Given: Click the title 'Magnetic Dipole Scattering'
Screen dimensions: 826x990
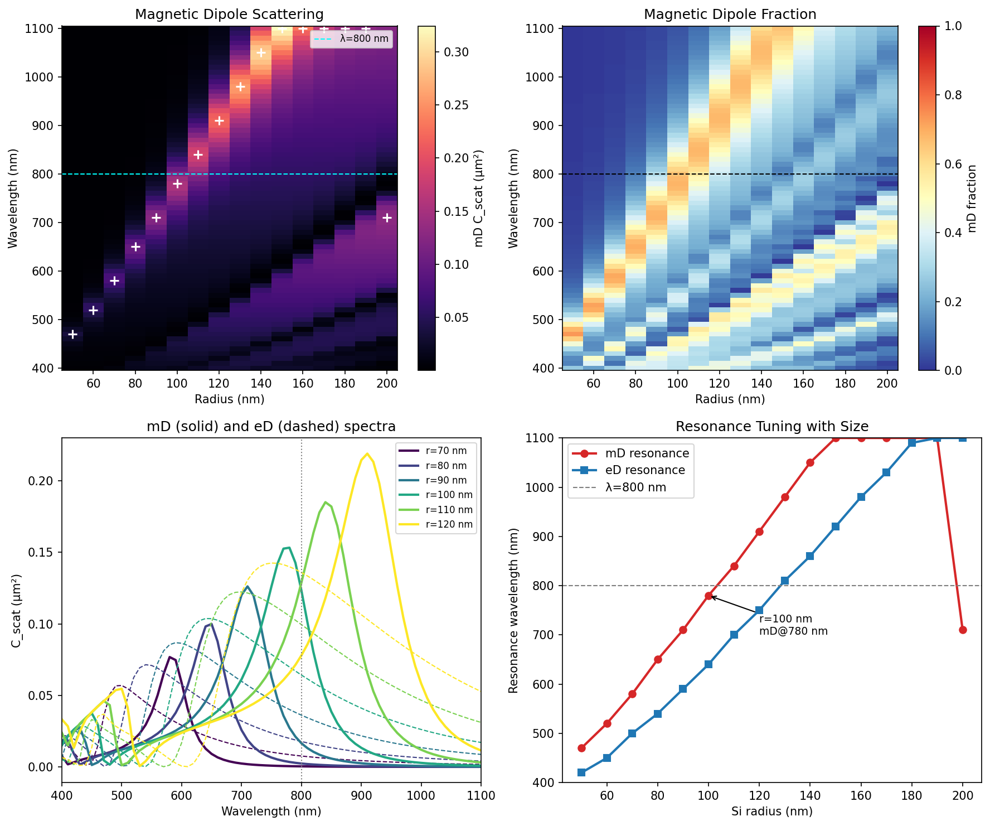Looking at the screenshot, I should (229, 14).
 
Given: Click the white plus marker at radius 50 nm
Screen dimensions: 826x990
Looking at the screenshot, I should (72, 334).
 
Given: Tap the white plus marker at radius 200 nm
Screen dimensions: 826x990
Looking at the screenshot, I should (387, 218).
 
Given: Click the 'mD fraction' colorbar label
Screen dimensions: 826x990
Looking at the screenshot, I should (972, 198).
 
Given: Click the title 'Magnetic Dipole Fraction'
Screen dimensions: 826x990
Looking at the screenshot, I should (730, 14).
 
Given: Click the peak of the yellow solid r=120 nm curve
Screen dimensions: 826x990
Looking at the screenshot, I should (367, 453).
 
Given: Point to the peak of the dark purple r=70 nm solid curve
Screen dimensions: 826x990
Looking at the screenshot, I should (169, 657).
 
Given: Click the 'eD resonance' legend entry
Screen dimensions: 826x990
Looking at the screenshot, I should (645, 470).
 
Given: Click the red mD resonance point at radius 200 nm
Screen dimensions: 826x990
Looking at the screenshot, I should (962, 630).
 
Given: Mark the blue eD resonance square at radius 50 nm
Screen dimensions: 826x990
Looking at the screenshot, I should (581, 772).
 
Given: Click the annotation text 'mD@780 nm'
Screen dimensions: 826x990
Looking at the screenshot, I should (793, 631).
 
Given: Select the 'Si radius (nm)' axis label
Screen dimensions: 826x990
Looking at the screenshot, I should (771, 811).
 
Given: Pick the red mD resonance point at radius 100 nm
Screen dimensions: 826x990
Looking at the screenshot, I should (708, 596).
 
